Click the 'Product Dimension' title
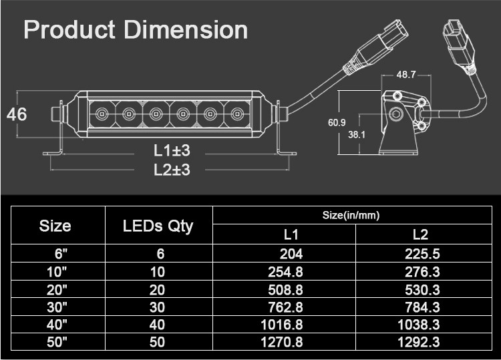click(136, 30)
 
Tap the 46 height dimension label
click(17, 114)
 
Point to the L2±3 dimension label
click(172, 170)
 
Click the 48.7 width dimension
click(406, 75)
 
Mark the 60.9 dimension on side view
click(337, 122)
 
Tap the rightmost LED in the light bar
click(236, 114)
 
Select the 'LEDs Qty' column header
click(158, 226)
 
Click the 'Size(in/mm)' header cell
click(351, 215)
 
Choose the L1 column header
click(291, 234)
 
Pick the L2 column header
click(420, 234)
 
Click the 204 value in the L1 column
click(291, 254)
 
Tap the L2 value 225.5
click(422, 254)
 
